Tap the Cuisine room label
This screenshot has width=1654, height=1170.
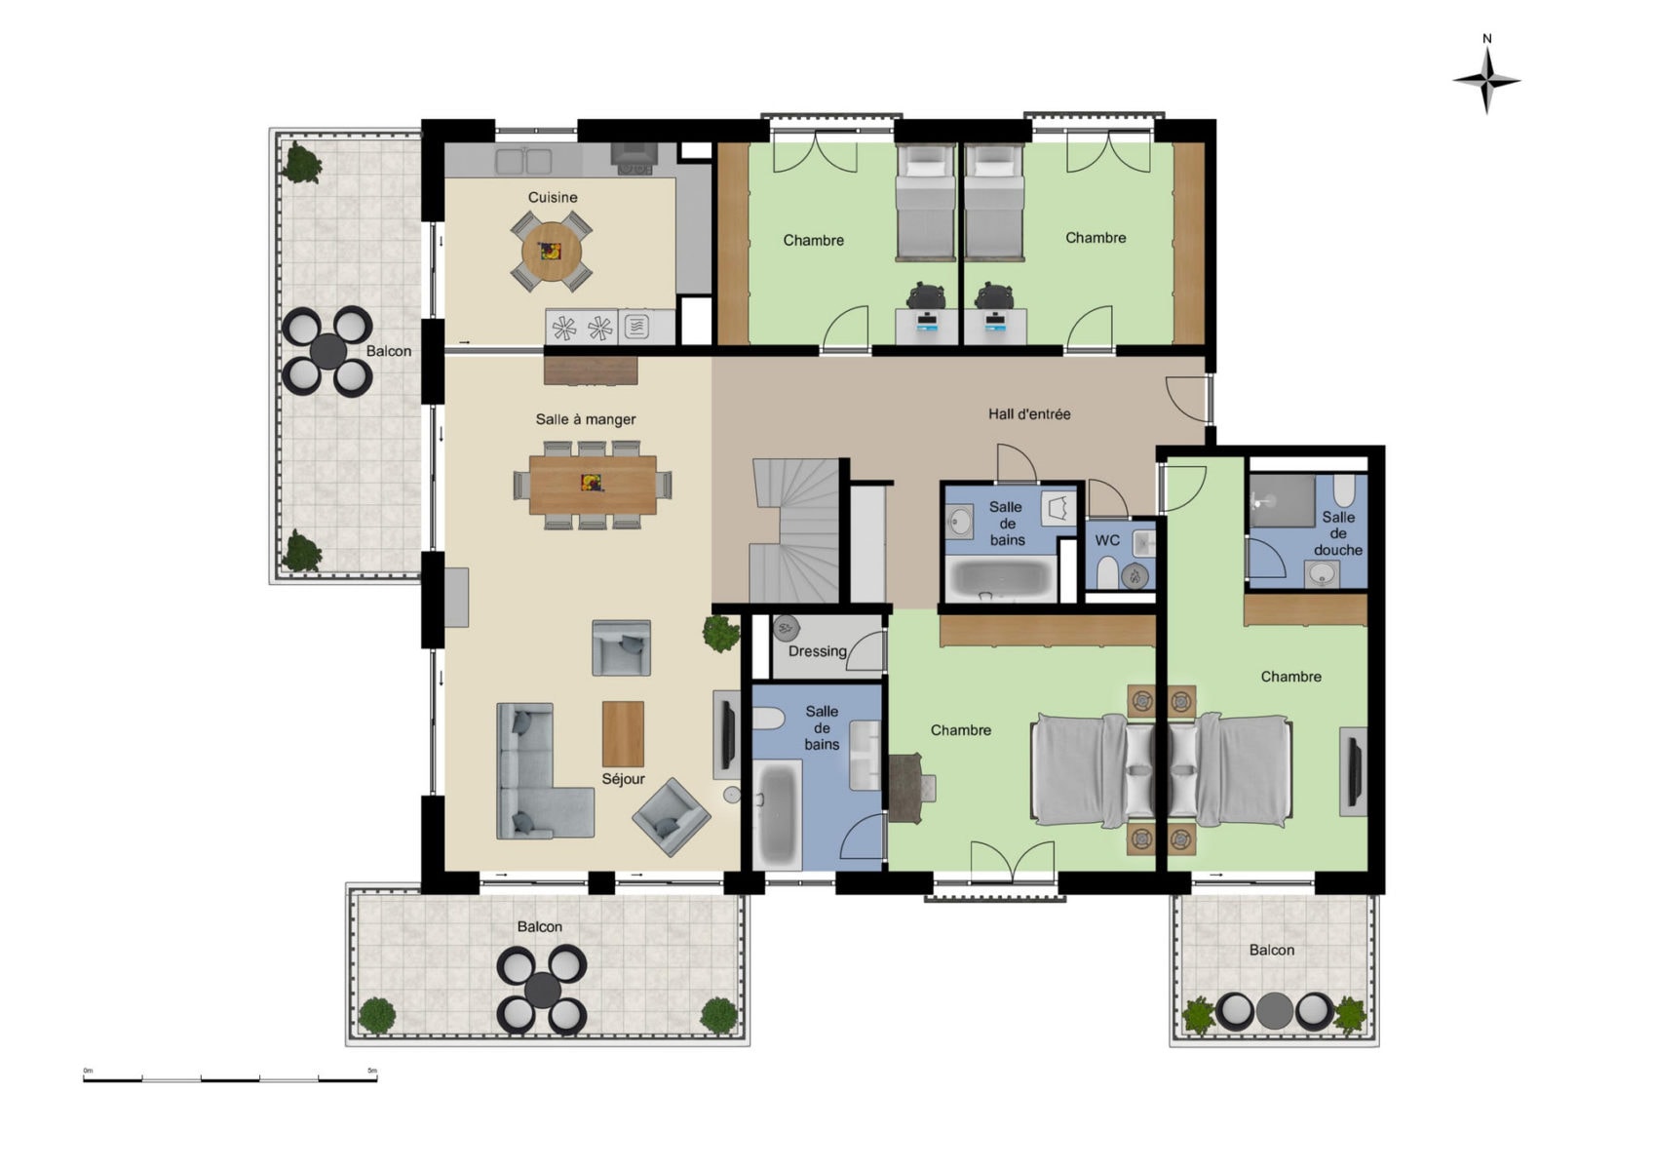(x=553, y=197)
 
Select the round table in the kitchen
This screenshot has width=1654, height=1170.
(x=551, y=252)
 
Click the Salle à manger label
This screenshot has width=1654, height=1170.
(x=586, y=419)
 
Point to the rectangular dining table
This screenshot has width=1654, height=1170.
(x=593, y=485)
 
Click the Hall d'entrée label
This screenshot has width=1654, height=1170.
(x=1029, y=414)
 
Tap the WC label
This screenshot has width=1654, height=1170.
(x=1107, y=540)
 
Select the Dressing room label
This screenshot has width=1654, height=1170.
(x=818, y=651)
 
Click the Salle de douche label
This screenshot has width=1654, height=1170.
(x=1338, y=533)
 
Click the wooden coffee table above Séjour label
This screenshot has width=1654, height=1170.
(x=623, y=733)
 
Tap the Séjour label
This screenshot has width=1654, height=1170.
(x=623, y=778)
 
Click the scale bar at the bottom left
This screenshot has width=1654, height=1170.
(x=230, y=1079)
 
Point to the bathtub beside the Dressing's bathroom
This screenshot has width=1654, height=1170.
(x=776, y=815)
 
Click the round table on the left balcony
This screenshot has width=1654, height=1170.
(x=327, y=352)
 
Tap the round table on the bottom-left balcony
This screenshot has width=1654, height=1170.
(x=543, y=990)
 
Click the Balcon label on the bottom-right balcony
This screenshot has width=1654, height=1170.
(x=1272, y=950)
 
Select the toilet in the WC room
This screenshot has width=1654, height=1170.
(x=1106, y=573)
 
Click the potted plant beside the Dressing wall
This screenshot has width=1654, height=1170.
(x=720, y=633)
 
